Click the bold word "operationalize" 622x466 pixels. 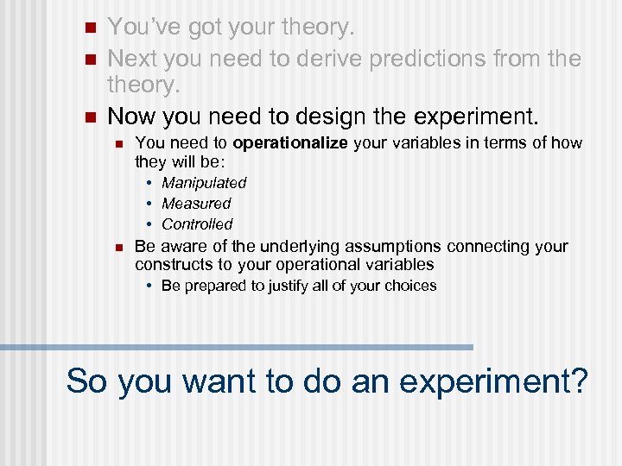coord(289,142)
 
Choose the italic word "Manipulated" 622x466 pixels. coord(204,183)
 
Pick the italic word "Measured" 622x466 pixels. coord(196,204)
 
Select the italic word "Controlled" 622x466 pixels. coord(197,224)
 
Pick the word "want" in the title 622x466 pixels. coord(237,381)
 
